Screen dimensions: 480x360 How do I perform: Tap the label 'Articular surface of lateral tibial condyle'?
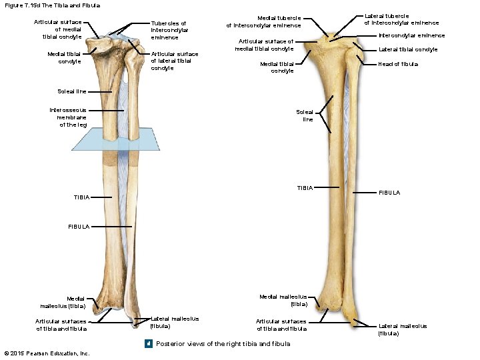[174, 61]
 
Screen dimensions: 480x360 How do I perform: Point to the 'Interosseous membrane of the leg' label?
[68, 117]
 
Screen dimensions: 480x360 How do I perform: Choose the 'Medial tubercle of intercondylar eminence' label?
[263, 22]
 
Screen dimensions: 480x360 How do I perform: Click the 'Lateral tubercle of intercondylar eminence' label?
[401, 19]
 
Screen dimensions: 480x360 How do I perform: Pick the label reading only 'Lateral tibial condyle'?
[408, 49]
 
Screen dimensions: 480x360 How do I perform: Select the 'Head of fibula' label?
[398, 64]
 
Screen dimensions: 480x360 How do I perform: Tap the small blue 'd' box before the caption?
[149, 344]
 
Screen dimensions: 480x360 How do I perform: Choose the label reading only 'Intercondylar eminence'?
[411, 35]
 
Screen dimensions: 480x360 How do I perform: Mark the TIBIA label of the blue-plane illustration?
[81, 197]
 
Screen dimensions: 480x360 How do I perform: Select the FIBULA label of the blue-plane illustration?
[78, 227]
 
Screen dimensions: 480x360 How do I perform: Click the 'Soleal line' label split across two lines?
[307, 116]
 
